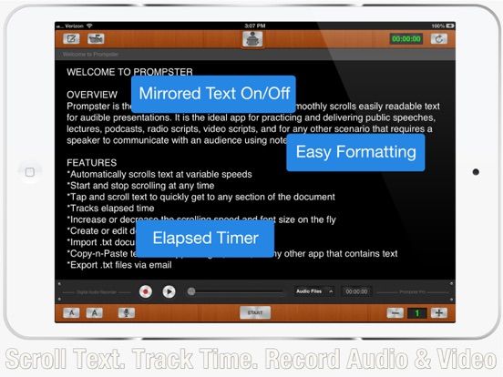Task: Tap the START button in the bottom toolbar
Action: (255, 312)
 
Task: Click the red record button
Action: (145, 291)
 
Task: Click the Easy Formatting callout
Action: (356, 152)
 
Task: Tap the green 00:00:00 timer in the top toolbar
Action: (405, 38)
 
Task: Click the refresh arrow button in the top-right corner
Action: (439, 38)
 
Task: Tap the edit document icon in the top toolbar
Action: (71, 38)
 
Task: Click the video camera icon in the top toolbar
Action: (95, 38)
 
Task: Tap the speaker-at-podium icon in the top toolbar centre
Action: (254, 38)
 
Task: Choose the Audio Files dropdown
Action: (314, 291)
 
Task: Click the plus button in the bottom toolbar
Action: (438, 312)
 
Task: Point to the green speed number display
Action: (416, 312)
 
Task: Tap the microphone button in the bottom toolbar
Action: (125, 312)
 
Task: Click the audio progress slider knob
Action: (191, 291)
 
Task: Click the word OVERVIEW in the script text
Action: (92, 95)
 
